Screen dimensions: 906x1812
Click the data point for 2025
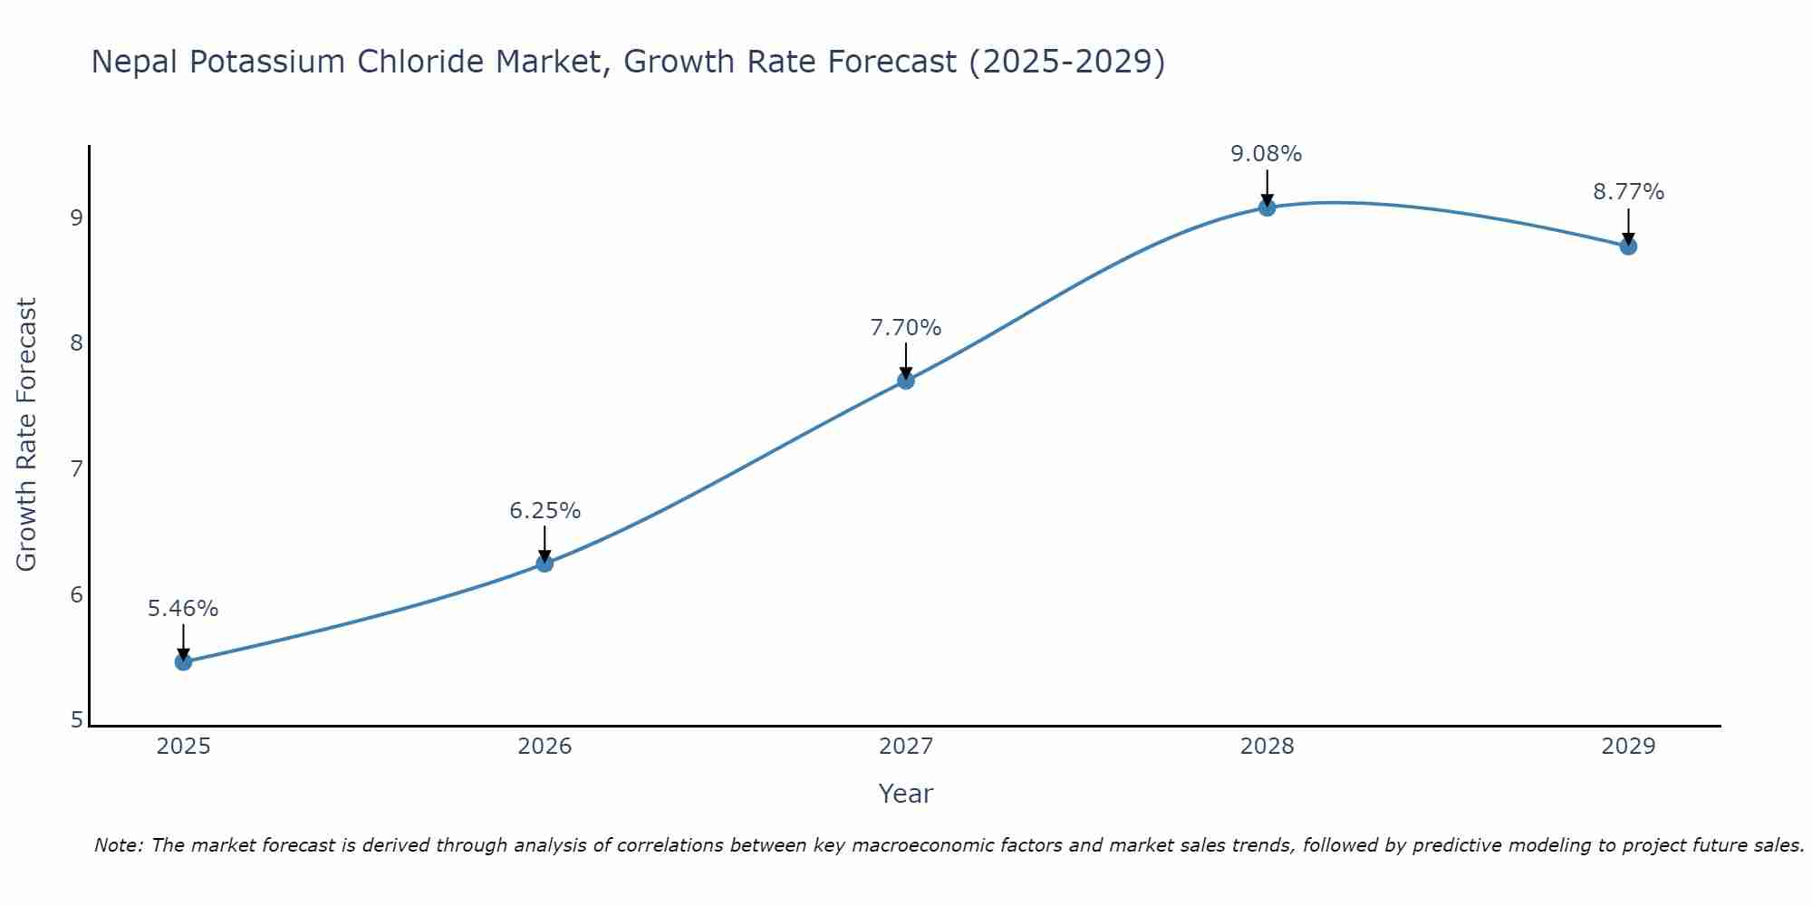183,661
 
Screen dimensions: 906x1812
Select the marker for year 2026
545,564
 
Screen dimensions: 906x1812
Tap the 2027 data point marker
905,381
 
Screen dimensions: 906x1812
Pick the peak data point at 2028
1267,207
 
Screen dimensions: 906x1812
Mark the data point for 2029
1628,246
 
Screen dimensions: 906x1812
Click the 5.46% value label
183,609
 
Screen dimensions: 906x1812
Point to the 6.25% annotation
545,511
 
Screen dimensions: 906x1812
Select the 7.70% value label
905,328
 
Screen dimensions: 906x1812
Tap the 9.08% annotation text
1266,154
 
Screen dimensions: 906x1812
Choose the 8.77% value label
1628,192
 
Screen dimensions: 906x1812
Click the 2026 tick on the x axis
545,747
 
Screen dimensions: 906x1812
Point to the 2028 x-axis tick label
1267,747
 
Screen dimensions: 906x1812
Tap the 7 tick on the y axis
76,469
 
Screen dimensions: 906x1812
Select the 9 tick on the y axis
76,218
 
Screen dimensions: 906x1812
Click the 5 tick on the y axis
76,720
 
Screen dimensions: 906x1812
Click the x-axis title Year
905,794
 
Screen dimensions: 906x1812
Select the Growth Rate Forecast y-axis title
27,435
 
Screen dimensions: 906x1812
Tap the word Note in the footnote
119,845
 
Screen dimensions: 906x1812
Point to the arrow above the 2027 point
905,361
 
